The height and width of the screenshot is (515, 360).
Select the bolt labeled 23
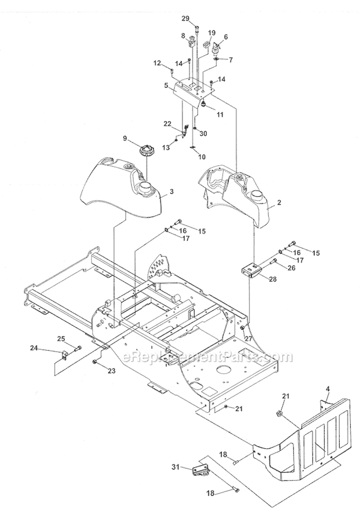point(96,361)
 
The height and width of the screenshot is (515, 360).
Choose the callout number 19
point(198,33)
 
